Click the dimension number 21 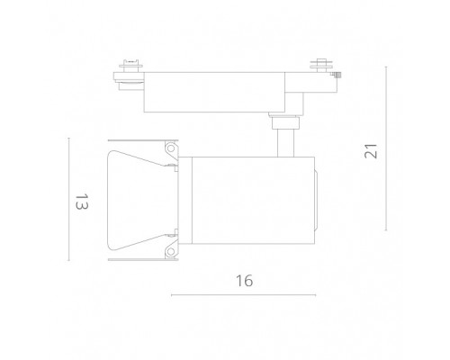(371, 151)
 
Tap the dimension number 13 (82, 202)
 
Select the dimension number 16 (244, 281)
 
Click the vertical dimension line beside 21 (386, 148)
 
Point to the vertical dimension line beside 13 (68, 199)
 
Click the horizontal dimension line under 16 (243, 295)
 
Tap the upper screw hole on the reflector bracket (171, 148)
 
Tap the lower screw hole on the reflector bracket (171, 251)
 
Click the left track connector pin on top (130, 66)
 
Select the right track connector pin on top (321, 65)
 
